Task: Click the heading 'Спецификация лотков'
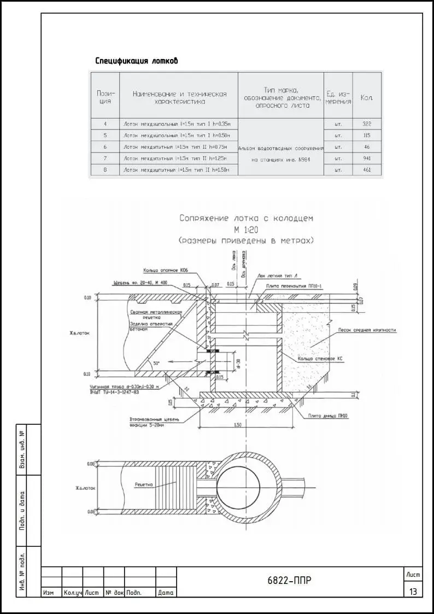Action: tap(136, 61)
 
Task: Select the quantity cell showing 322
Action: tap(366, 124)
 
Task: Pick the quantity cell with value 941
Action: tap(366, 159)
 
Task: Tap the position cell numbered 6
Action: tap(105, 147)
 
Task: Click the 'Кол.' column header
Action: tap(366, 98)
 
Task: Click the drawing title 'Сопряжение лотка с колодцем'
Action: tap(247, 218)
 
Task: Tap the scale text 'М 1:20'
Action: tap(247, 230)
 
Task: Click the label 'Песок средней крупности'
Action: tap(367, 330)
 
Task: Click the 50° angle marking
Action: tap(156, 364)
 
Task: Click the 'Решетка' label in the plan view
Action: tap(143, 485)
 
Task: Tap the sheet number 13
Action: tap(413, 591)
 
